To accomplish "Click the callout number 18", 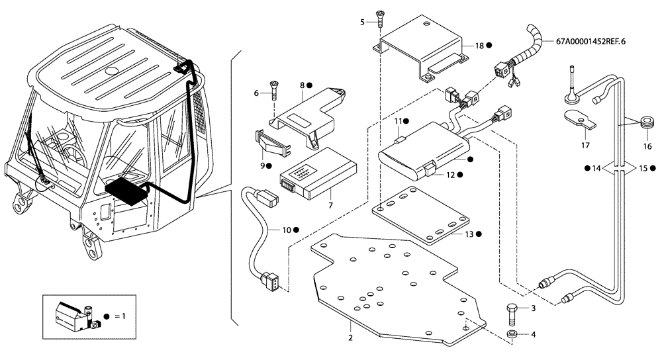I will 479,46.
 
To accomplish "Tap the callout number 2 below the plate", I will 350,338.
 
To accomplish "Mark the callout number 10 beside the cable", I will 286,230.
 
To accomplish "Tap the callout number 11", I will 399,121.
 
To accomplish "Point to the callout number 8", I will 302,85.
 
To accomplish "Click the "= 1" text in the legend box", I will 118,316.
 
